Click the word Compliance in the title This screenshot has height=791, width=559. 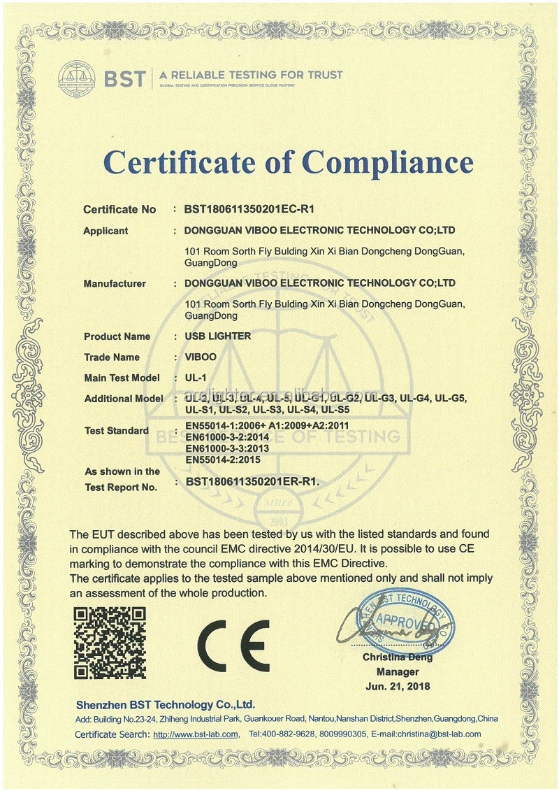coord(388,162)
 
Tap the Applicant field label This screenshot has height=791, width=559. coord(106,231)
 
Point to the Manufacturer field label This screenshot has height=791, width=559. coord(115,283)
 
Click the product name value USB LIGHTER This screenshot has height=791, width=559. coord(217,336)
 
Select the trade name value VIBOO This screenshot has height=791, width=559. coord(201,357)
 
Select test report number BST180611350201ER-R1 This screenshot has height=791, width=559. coord(252,481)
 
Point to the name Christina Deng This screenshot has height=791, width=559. coord(397,657)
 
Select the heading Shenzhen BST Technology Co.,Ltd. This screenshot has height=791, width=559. coord(165,704)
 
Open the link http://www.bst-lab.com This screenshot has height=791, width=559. coord(196,734)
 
